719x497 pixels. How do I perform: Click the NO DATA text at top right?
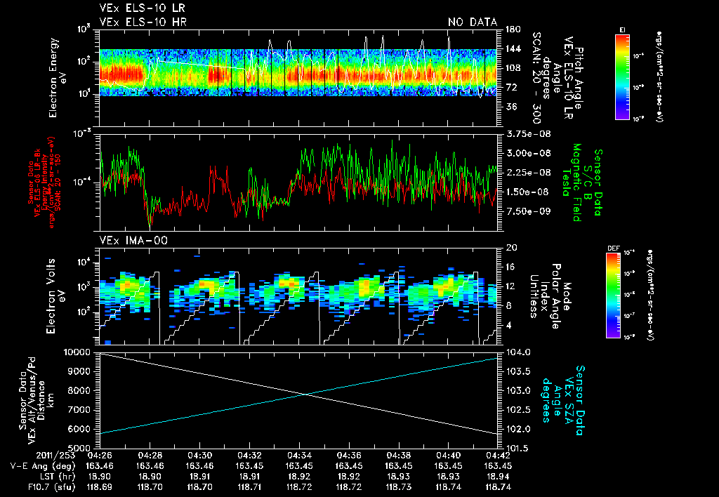[473, 22]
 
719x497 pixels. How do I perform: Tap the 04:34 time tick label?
[299, 455]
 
